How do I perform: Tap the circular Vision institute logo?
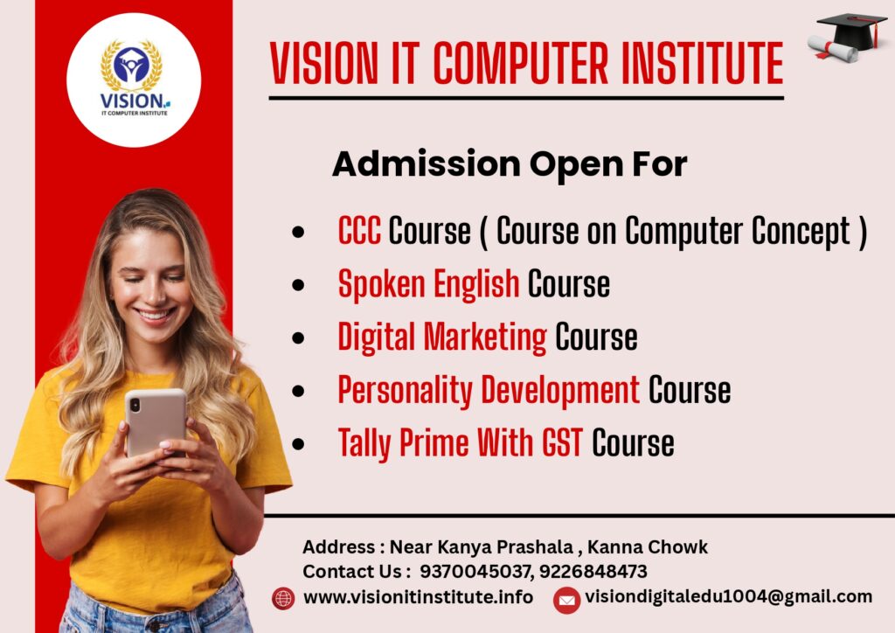pyautogui.click(x=134, y=80)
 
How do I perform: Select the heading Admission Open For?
pyautogui.click(x=510, y=164)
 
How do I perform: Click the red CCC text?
pyautogui.click(x=359, y=231)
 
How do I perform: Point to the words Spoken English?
pyautogui.click(x=428, y=283)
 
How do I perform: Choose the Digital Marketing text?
pyautogui.click(x=441, y=337)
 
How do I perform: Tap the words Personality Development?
pyautogui.click(x=489, y=390)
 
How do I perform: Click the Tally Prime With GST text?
pyautogui.click(x=460, y=443)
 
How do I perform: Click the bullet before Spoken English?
pyautogui.click(x=298, y=285)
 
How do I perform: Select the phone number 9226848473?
pyautogui.click(x=593, y=571)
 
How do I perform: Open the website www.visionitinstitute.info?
pyautogui.click(x=419, y=597)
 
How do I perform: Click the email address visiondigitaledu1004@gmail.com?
pyautogui.click(x=728, y=596)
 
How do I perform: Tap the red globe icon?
pyautogui.click(x=284, y=598)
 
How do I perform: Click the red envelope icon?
pyautogui.click(x=566, y=601)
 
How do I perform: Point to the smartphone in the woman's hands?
pyautogui.click(x=156, y=421)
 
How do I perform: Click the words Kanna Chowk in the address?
pyautogui.click(x=648, y=546)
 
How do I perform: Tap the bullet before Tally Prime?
pyautogui.click(x=298, y=444)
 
